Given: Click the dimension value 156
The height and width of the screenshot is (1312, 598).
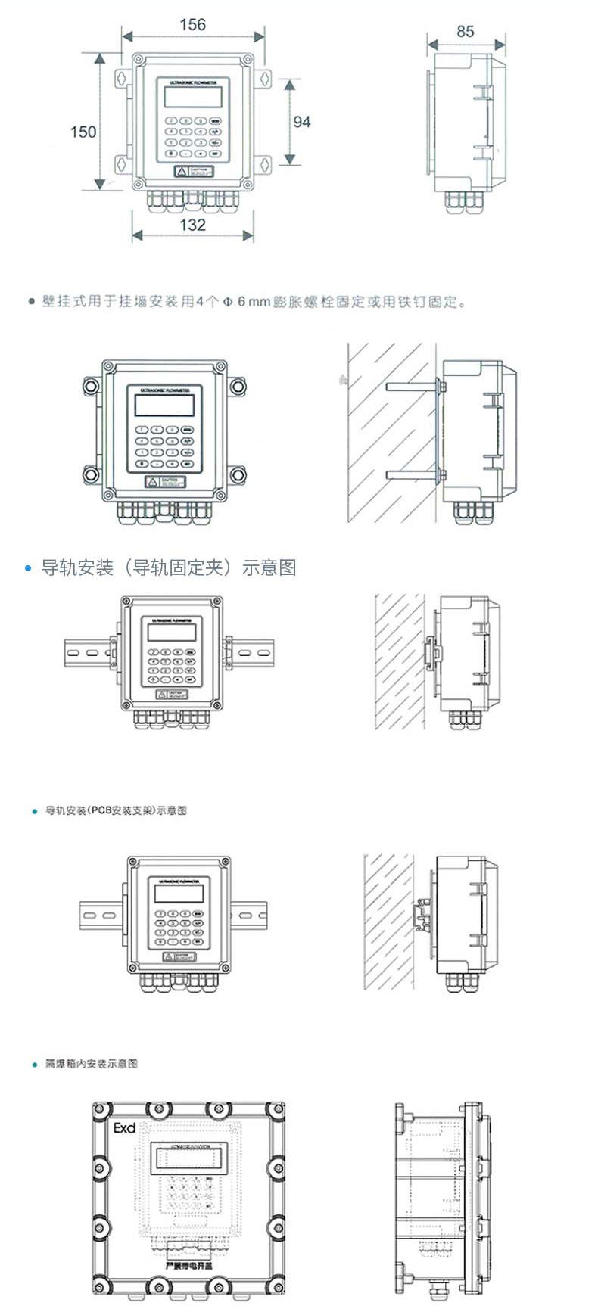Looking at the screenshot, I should [x=192, y=25].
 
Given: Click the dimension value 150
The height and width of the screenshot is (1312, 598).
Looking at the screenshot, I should [x=83, y=132].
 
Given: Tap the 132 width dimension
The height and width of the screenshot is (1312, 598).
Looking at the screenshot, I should [x=192, y=225].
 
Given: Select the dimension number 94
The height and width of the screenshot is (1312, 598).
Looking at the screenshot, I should [x=302, y=122].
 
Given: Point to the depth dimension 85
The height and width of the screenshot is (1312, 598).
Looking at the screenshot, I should [x=466, y=32].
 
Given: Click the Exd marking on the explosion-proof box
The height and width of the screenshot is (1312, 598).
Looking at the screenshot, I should [x=124, y=1128].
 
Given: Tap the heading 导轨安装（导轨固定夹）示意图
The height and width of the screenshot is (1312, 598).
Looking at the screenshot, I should [x=168, y=567].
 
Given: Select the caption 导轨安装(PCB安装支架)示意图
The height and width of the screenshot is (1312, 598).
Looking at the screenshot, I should [x=116, y=810].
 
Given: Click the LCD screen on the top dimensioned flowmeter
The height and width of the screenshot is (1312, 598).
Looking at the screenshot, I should [x=192, y=98].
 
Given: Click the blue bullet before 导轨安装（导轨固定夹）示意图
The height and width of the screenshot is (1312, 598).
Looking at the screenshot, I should [x=29, y=568].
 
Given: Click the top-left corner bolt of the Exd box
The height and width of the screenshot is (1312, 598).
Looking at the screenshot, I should [x=99, y=1110].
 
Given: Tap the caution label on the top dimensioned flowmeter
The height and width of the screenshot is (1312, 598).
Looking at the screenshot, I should [x=194, y=172].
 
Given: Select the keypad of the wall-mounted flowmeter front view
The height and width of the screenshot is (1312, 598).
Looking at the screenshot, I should [x=164, y=446].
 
